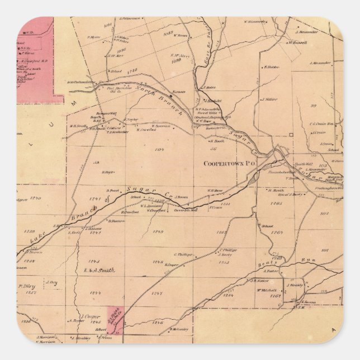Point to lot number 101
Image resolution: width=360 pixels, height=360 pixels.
[x=324, y=250]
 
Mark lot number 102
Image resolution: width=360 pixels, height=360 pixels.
[x=323, y=214]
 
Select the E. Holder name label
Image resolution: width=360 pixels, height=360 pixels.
[x=271, y=67]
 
